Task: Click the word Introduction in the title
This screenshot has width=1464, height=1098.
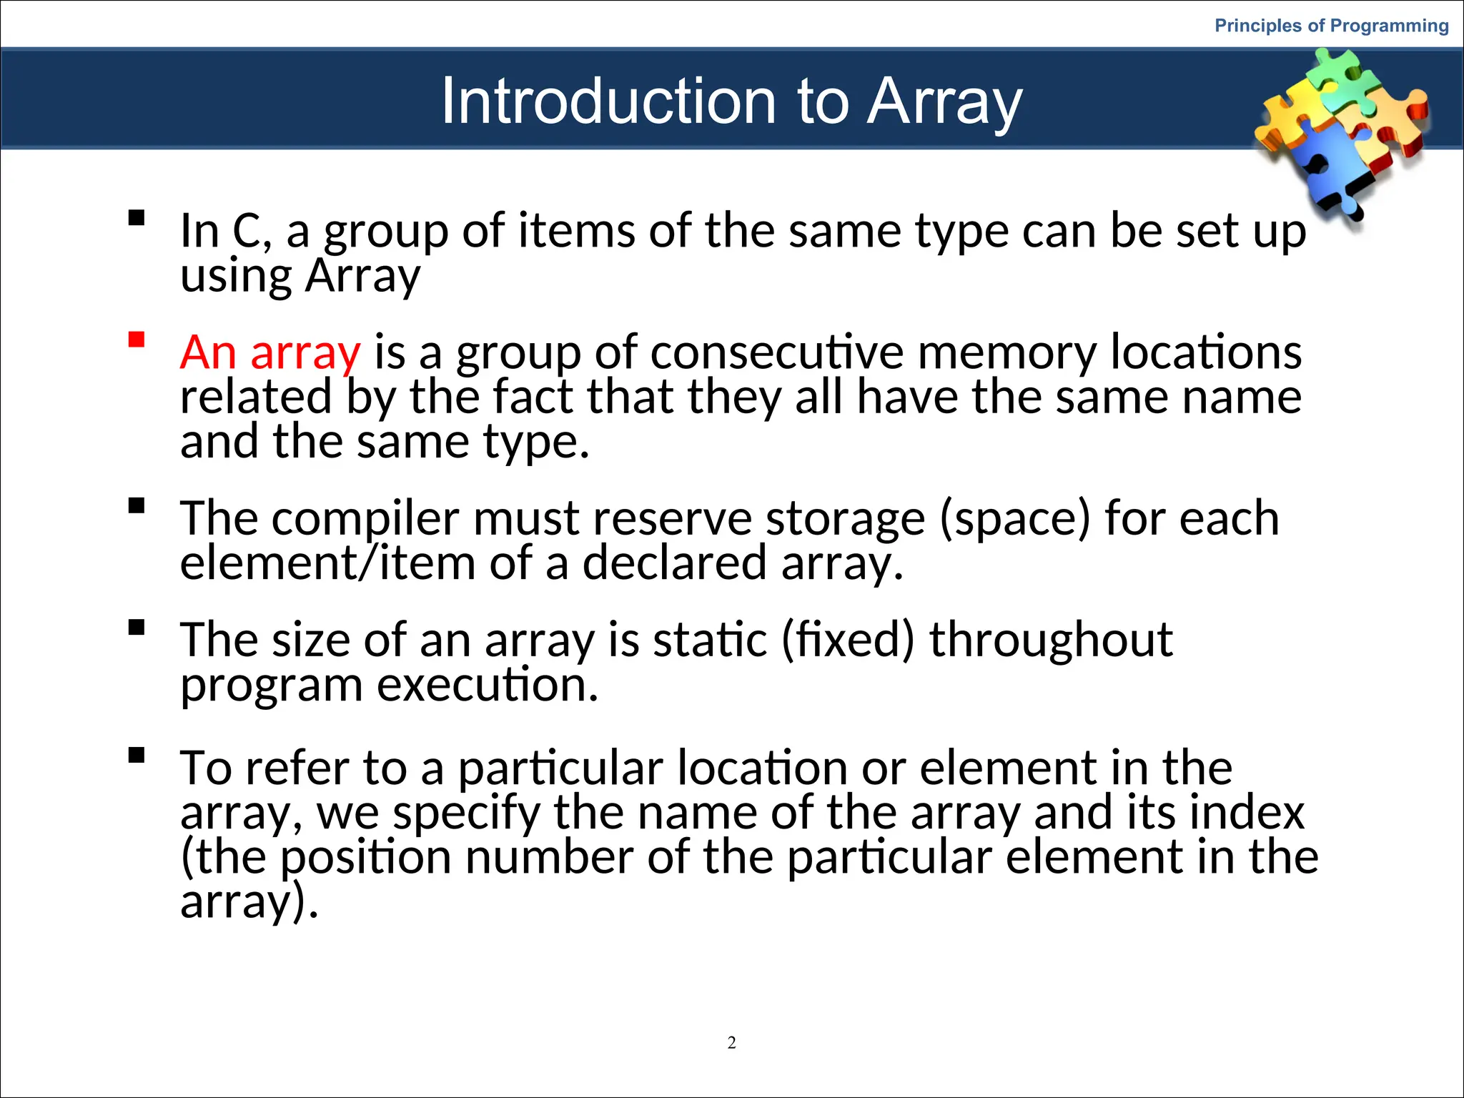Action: [x=608, y=102]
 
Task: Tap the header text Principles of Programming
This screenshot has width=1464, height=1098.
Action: [x=1331, y=26]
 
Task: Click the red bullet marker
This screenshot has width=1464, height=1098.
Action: [x=137, y=340]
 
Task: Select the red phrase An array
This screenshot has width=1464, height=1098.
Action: [x=270, y=352]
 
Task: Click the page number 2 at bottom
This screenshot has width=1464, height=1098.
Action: [x=731, y=1043]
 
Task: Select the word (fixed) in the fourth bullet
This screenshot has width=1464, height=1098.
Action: [x=847, y=640]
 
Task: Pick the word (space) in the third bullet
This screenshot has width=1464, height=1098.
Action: [x=1015, y=518]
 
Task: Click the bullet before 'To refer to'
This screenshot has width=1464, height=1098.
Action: [x=137, y=756]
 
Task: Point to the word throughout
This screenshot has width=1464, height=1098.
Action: [x=1051, y=640]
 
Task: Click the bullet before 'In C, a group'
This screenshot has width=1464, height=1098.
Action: [x=137, y=218]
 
